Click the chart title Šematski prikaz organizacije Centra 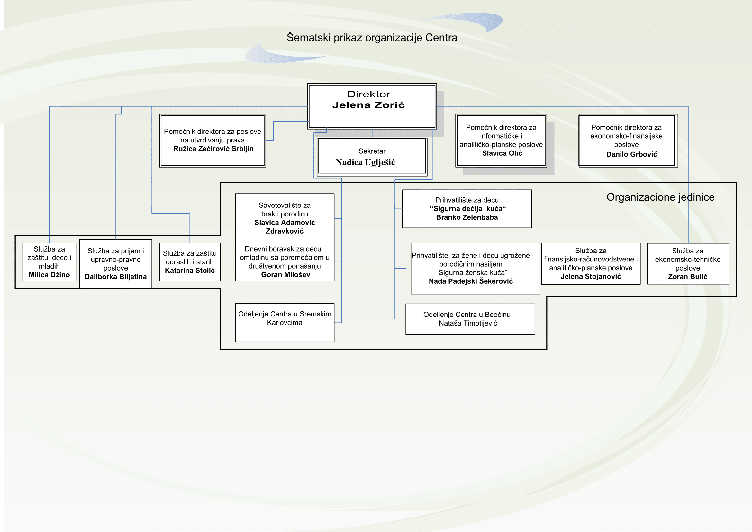click(372, 38)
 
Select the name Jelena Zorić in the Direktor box click(368, 105)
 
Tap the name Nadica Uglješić click(365, 162)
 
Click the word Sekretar click(372, 151)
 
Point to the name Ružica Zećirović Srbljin click(213, 149)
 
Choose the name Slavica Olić click(502, 153)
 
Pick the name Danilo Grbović click(631, 154)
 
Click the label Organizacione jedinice click(660, 197)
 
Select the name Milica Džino click(49, 275)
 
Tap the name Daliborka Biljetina click(116, 277)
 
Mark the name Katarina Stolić click(190, 271)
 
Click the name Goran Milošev click(285, 275)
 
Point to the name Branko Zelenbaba click(467, 217)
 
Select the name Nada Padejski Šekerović click(471, 281)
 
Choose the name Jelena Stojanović click(591, 277)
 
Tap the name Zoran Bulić click(687, 277)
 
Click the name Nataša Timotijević click(468, 323)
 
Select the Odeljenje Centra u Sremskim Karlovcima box click(284, 323)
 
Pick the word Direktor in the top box click(368, 94)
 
